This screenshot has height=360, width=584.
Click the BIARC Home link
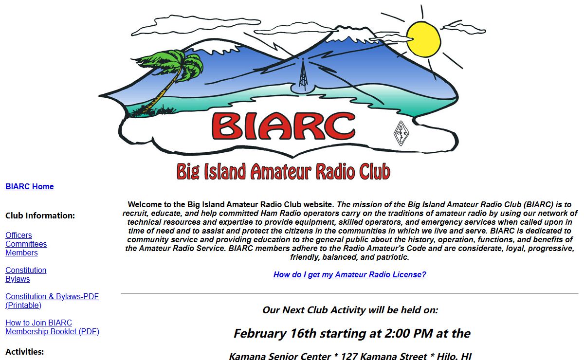coord(30,187)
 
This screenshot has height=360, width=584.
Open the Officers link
coord(18,235)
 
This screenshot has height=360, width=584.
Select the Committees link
coord(26,244)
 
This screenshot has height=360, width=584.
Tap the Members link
coord(21,253)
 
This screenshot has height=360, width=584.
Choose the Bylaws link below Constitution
coord(18,279)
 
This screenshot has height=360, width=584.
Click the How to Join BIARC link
coord(38,323)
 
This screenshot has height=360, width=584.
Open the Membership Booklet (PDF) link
coord(52,332)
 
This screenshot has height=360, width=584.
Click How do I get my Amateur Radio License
coord(349,274)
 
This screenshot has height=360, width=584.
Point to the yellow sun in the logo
coord(423,39)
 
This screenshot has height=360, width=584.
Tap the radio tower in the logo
coord(303,74)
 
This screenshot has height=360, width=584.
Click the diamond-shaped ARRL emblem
coord(401,133)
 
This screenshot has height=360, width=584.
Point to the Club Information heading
coord(40,216)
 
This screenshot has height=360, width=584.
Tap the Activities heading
coord(24,352)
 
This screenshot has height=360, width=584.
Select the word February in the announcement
coord(260,334)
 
